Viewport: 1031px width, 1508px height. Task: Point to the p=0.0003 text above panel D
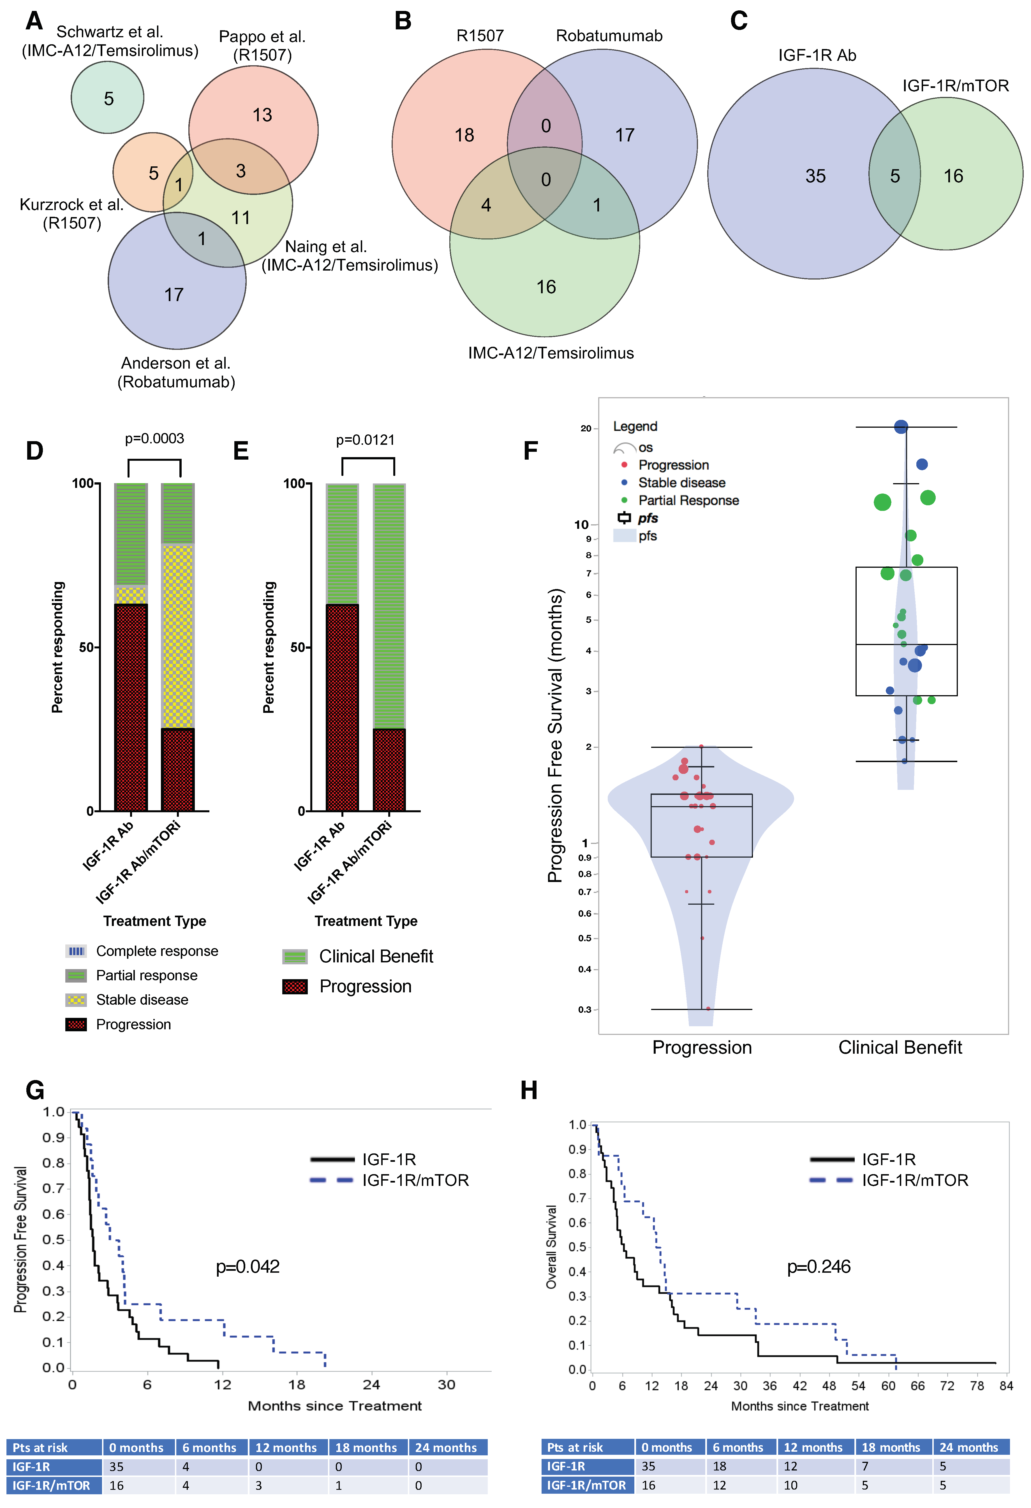154,439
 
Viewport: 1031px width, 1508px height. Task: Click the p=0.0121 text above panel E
365,440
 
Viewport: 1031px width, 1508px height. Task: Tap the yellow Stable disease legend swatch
76,1000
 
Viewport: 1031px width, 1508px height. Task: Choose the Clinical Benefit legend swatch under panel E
295,957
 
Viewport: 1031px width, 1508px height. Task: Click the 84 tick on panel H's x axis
1006,1386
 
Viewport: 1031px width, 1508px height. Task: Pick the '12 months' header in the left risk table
286,1448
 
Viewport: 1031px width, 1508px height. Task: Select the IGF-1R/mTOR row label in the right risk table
586,1485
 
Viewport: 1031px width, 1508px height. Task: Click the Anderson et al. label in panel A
176,363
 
